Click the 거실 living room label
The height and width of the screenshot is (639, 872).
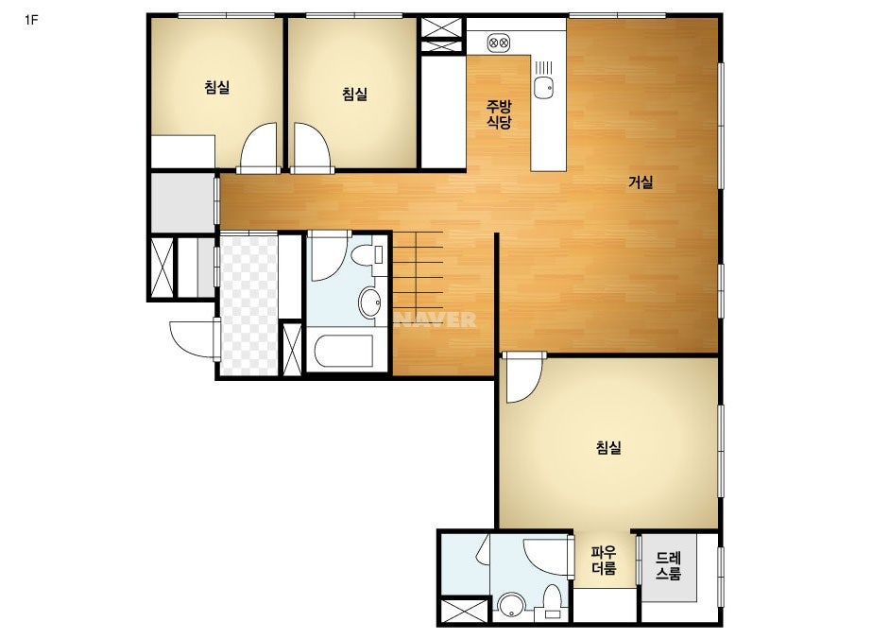tap(641, 182)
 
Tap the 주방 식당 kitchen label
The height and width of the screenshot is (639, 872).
tap(499, 114)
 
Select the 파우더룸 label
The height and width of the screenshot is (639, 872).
tap(604, 561)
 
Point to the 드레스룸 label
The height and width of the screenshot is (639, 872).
tap(667, 565)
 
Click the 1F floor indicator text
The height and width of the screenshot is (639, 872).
tap(31, 21)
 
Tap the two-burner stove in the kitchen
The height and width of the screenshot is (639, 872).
tap(498, 43)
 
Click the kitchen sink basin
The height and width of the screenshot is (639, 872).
tap(543, 87)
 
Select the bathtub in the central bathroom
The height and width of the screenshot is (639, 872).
tap(343, 351)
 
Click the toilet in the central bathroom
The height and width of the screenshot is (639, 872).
tap(368, 255)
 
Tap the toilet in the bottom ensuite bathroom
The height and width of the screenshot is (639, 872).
tap(553, 602)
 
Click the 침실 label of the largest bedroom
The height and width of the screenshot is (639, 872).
tap(608, 447)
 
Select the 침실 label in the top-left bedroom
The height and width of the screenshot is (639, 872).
tap(217, 87)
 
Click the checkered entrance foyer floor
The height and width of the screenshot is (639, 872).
tap(248, 304)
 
